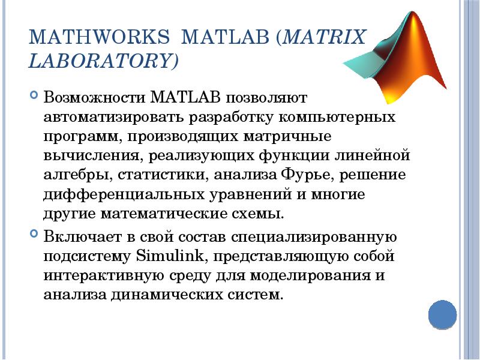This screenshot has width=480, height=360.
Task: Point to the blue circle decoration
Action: coord(443,314)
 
